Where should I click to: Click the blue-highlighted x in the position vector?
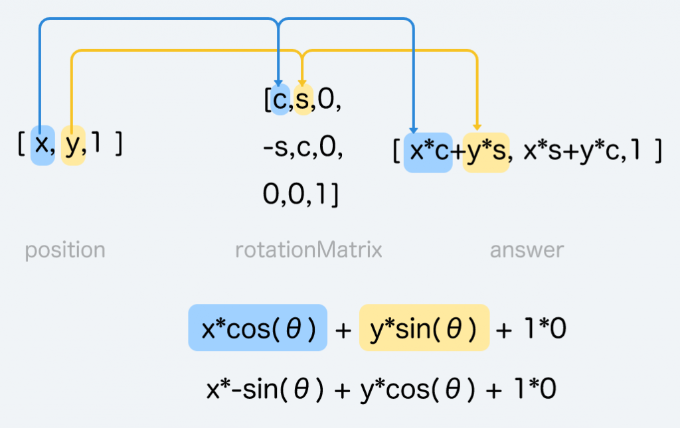[42, 144]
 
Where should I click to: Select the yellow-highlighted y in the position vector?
[72, 144]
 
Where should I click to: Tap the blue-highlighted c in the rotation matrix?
[280, 100]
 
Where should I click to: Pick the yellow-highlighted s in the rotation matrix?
[303, 100]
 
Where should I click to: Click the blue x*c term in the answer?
[428, 152]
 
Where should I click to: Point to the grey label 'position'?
[65, 250]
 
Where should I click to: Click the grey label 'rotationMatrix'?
[309, 250]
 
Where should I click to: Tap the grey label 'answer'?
[527, 250]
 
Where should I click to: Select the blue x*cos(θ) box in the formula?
[258, 328]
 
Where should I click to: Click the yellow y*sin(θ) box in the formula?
[424, 328]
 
